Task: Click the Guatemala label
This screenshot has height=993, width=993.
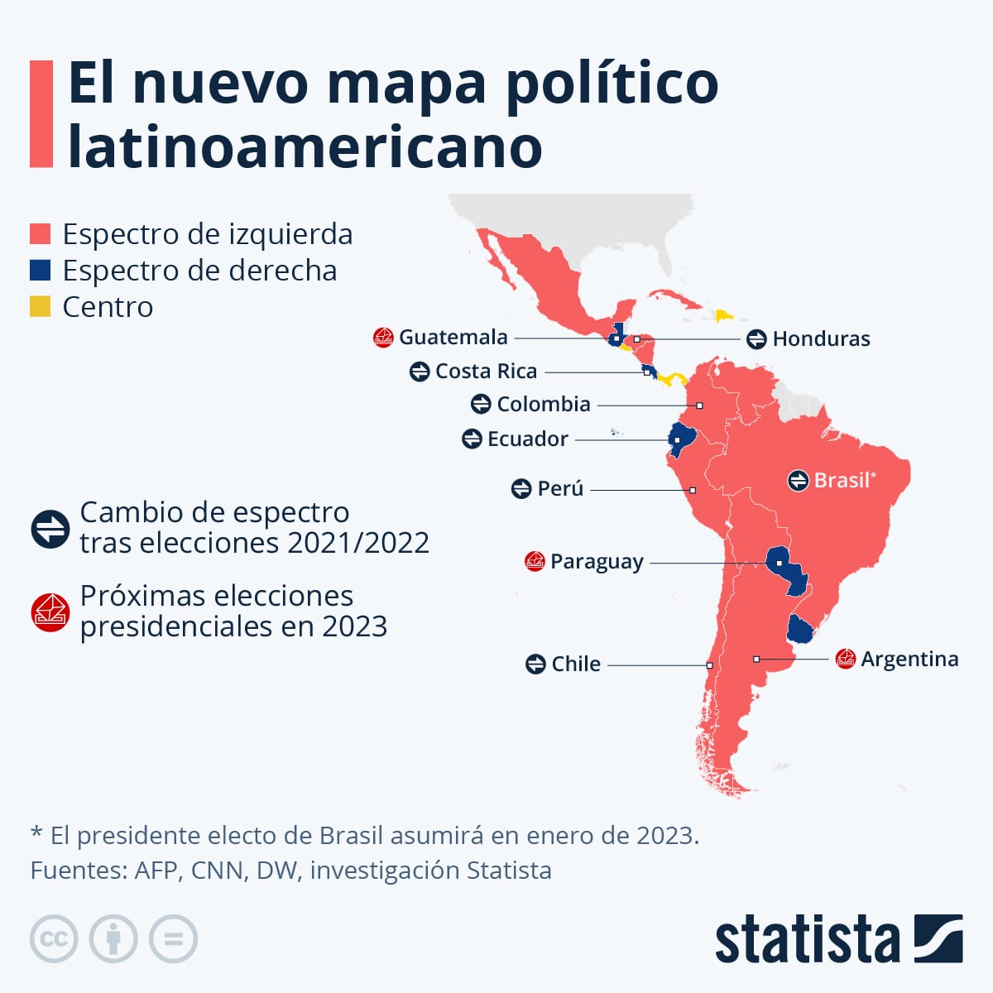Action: (453, 337)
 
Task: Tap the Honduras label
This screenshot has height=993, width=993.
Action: (821, 338)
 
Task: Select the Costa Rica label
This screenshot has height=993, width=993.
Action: (486, 371)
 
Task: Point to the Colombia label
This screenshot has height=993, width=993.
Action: (543, 404)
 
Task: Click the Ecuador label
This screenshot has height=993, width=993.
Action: (527, 439)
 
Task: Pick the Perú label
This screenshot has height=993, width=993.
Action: (560, 489)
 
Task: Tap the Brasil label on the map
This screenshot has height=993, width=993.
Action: (841, 480)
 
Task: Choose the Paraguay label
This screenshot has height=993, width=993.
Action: (596, 561)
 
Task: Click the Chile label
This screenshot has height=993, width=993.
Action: (576, 664)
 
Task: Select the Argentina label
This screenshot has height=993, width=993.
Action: (909, 659)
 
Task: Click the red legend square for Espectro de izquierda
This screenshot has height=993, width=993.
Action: (41, 234)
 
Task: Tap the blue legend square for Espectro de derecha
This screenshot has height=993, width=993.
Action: (41, 271)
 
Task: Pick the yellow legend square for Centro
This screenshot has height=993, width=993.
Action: (41, 307)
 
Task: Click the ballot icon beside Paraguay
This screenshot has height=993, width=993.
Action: (535, 561)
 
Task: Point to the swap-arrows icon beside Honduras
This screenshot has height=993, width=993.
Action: (756, 338)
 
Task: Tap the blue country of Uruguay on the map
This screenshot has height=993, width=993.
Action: (800, 631)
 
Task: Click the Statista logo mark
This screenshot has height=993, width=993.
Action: (938, 938)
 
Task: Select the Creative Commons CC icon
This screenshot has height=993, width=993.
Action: (54, 939)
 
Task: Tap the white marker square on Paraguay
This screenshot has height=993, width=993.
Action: (779, 564)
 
